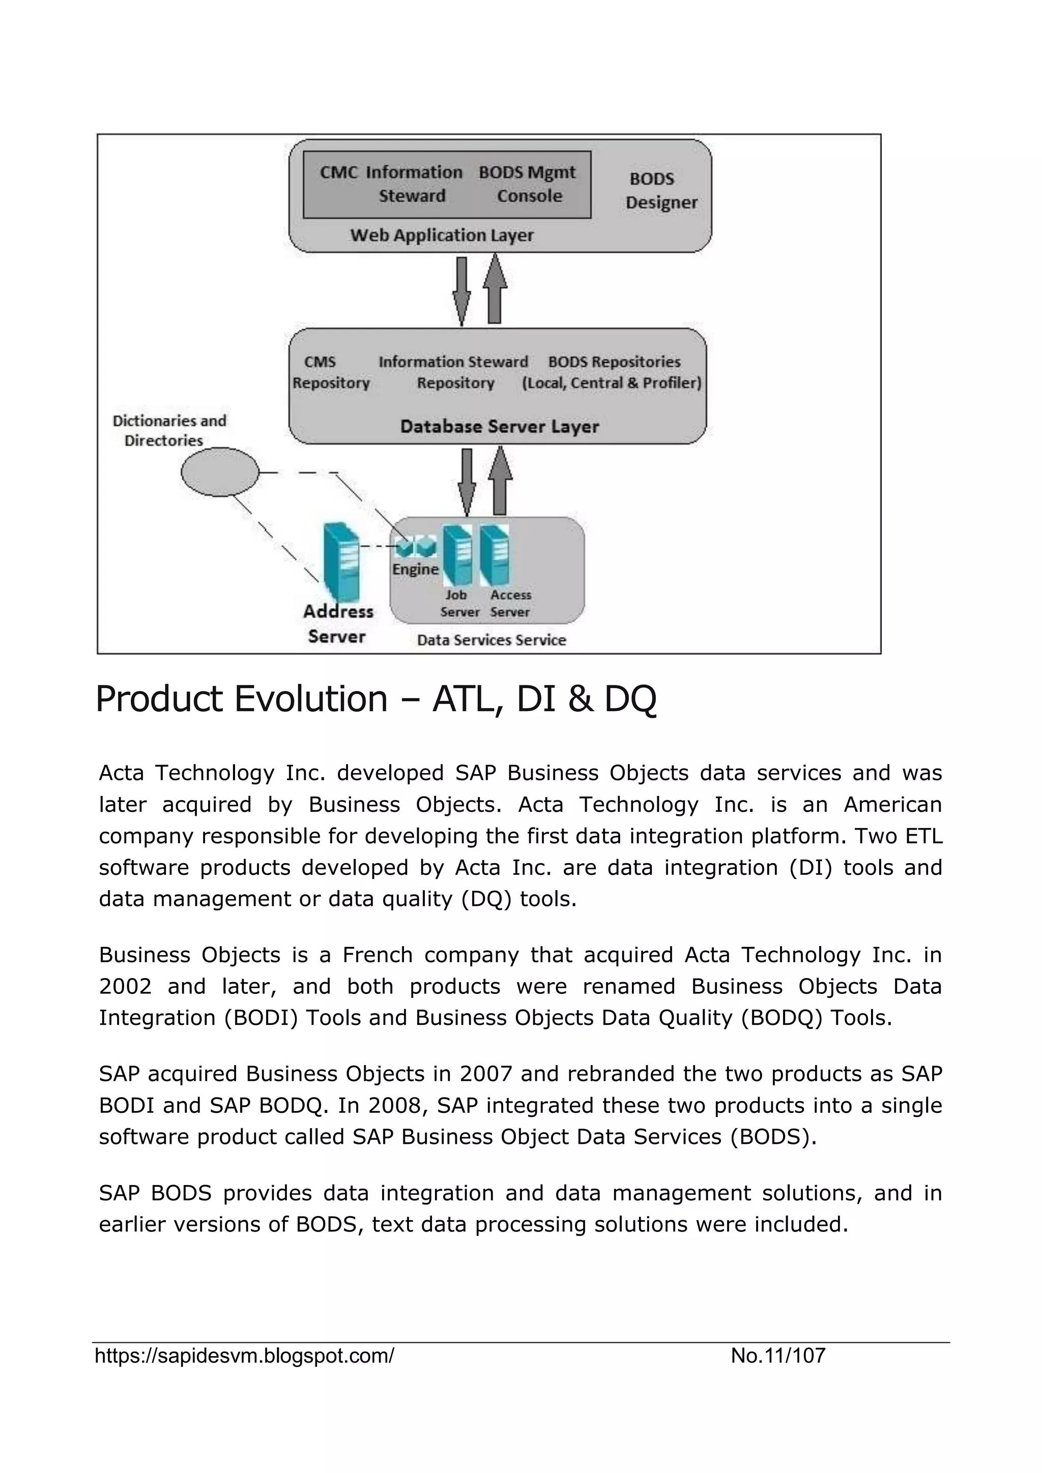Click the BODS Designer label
660,191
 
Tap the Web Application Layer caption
442,235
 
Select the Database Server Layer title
499,427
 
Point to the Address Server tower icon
341,562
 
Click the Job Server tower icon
457,555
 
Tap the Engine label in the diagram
415,569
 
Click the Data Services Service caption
491,640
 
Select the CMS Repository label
330,372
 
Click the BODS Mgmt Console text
528,184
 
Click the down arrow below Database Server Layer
467,481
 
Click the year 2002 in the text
125,986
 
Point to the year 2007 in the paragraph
486,1074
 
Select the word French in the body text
378,955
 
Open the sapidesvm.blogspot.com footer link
244,1356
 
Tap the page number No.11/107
777,1356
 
